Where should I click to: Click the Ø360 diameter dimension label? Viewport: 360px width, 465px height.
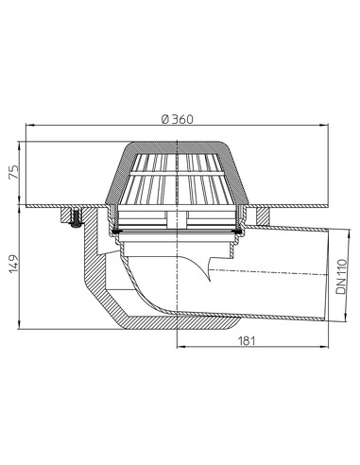pos(179,118)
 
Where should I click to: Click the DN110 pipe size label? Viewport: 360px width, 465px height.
pos(341,275)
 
